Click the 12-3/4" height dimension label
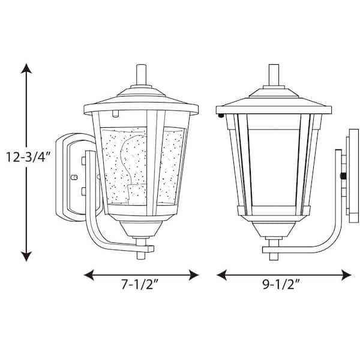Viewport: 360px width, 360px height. (x=28, y=157)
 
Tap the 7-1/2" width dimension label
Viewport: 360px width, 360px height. (x=140, y=284)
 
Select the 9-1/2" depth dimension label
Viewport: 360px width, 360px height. (x=281, y=284)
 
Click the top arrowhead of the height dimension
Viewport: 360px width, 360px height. (x=26, y=68)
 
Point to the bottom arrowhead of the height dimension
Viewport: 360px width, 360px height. (x=26, y=256)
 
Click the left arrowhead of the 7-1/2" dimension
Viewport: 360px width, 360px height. (x=89, y=275)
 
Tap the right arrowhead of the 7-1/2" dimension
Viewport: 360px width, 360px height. (x=194, y=275)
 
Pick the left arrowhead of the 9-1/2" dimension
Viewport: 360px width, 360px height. (x=221, y=275)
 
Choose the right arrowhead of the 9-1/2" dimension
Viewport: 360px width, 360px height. (x=346, y=275)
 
